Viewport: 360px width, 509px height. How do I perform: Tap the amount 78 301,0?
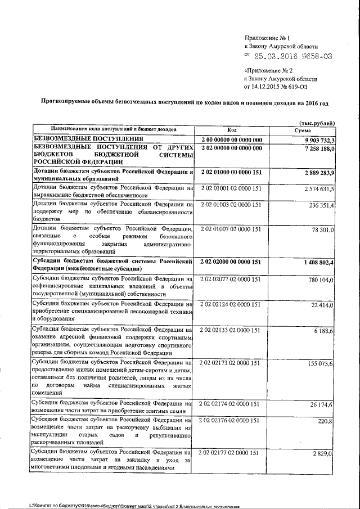[x=323, y=230]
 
